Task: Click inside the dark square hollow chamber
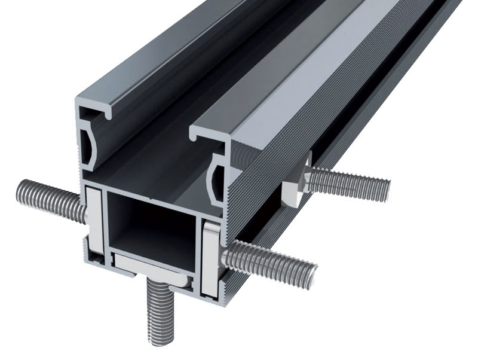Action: tap(152, 221)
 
